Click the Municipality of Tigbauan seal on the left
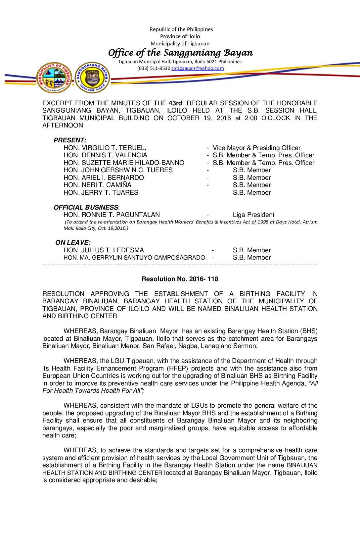(54, 78)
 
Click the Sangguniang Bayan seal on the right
(92, 78)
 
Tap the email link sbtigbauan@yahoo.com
(197, 69)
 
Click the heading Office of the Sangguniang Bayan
(180, 53)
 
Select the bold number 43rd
(175, 103)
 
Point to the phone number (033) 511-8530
(154, 69)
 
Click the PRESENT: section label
(70, 140)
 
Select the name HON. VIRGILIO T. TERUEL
(105, 148)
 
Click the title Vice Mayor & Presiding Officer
(256, 148)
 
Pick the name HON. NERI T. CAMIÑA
(97, 185)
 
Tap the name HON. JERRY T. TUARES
(101, 192)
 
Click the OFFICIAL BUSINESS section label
(86, 207)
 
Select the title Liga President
(253, 215)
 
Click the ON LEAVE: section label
(73, 242)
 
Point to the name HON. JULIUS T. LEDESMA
(104, 250)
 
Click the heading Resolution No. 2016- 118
(180, 279)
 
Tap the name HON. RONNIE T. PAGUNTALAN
(112, 215)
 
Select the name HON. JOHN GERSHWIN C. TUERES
(118, 170)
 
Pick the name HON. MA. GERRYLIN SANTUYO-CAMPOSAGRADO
(134, 257)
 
